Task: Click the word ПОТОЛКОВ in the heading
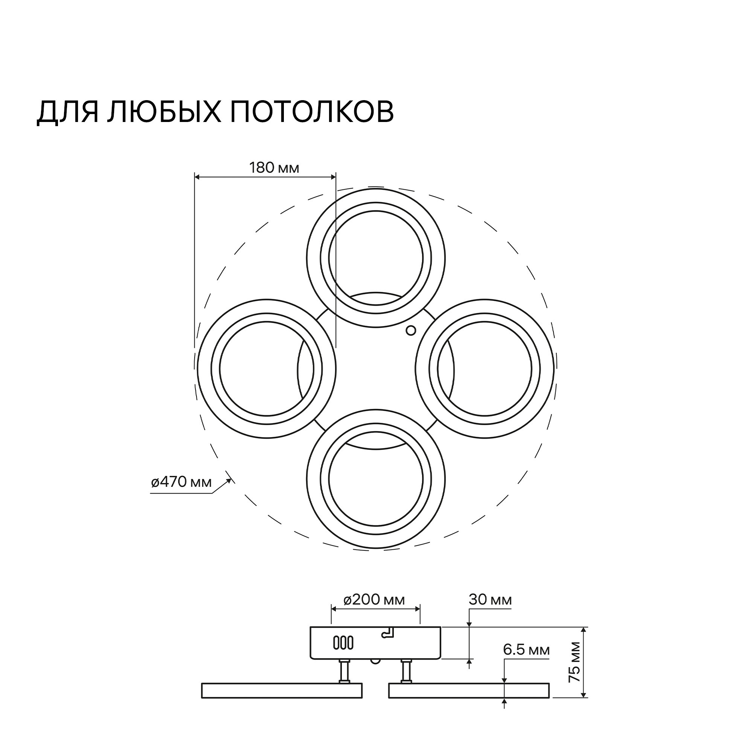click(x=312, y=112)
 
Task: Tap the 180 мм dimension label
click(x=274, y=168)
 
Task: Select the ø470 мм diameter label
click(x=181, y=482)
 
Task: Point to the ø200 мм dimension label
click(x=374, y=599)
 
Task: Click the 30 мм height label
click(x=490, y=599)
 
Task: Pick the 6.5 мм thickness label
click(x=526, y=650)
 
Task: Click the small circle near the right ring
click(x=411, y=331)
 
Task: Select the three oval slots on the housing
click(x=343, y=643)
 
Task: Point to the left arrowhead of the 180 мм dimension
click(x=197, y=177)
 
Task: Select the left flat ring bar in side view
click(x=281, y=690)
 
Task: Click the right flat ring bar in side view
click(x=469, y=690)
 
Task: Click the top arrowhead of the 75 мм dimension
click(x=584, y=630)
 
